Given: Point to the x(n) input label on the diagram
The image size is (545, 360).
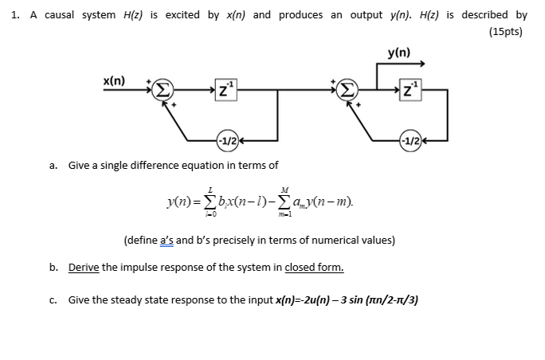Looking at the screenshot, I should [114, 81].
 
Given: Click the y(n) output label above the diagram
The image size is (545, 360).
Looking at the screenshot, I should [398, 53].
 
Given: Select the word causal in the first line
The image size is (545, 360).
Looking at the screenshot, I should [60, 15].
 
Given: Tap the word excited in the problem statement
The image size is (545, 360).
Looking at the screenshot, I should [184, 15].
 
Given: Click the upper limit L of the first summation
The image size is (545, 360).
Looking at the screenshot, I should [210, 190].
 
